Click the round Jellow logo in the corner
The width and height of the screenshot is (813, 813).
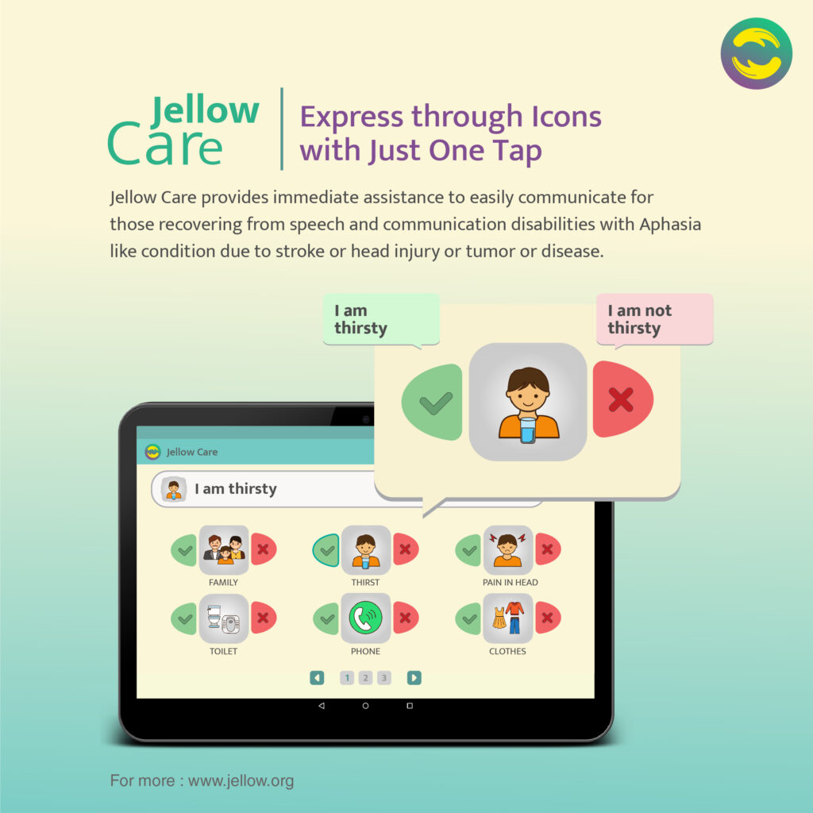756,53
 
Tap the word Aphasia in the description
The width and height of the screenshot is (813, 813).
670,225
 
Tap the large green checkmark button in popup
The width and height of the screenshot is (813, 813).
433,403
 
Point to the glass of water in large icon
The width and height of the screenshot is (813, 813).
527,430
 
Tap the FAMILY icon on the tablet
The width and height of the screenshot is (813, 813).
224,549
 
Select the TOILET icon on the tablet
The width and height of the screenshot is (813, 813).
224,618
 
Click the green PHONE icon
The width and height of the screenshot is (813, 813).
365,618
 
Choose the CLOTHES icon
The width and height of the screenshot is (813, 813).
507,618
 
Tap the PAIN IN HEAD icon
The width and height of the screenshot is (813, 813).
507,549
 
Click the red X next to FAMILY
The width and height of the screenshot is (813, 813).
264,549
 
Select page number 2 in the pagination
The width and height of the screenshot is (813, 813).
365,678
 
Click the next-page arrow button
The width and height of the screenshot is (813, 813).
414,678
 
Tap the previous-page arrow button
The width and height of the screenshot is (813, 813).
317,678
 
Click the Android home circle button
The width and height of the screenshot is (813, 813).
365,706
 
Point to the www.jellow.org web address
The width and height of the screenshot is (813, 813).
241,780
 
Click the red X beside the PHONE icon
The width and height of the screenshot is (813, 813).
406,618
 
